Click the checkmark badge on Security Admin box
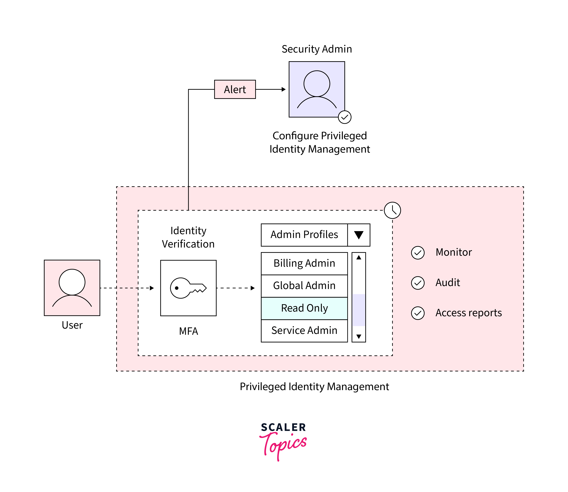[345, 117]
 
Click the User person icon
[72, 288]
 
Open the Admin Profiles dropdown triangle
[359, 235]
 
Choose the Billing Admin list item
[304, 263]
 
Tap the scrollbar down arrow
[359, 336]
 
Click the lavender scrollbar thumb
[359, 310]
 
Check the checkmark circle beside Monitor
[418, 253]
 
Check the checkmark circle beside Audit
[418, 283]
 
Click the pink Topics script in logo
[283, 445]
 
